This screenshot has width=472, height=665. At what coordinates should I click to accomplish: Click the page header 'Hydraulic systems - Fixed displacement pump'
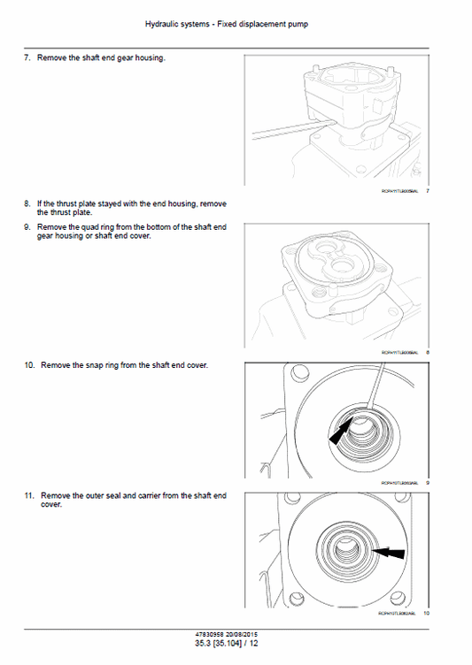[236, 25]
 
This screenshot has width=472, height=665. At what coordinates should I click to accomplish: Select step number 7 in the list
[27, 58]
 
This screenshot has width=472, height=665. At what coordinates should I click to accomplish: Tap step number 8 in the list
[27, 204]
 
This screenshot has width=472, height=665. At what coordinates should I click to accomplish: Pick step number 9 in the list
[27, 227]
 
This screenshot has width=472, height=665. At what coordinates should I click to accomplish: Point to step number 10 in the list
[28, 365]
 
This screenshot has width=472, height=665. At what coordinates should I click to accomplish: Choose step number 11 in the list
[28, 496]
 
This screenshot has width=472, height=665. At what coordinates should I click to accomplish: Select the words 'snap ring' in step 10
[96, 365]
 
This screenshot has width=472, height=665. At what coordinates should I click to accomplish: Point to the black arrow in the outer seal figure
[390, 553]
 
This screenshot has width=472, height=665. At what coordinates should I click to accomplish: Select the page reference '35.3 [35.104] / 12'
[236, 644]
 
